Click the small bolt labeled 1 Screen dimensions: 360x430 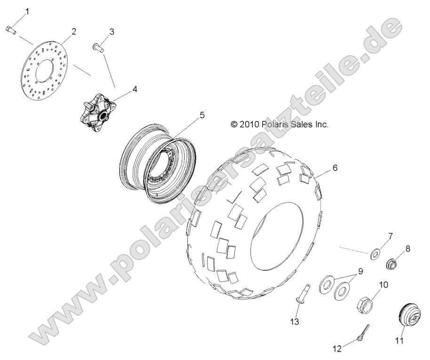(x=11, y=30)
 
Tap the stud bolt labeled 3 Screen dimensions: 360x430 (x=98, y=47)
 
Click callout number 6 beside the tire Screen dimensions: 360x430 (x=335, y=167)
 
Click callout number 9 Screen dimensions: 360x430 (x=360, y=271)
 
